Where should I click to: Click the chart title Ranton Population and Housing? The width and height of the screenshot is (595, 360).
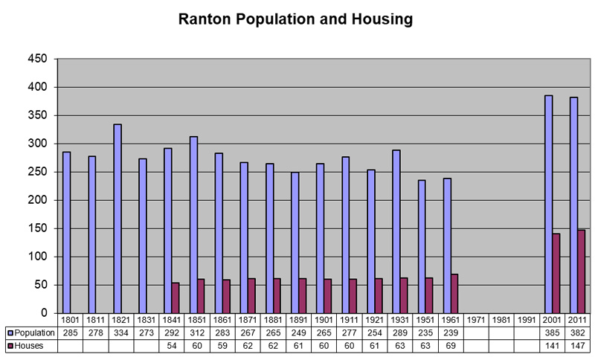click(295, 20)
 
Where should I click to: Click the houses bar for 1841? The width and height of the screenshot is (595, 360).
click(176, 298)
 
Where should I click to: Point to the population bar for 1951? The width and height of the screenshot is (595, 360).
click(422, 246)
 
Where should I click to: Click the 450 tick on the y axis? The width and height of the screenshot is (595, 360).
click(38, 60)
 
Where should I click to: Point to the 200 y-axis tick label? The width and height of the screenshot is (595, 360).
click(38, 200)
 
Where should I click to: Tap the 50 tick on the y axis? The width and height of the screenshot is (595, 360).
click(41, 285)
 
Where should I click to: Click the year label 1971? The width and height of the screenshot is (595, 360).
click(477, 320)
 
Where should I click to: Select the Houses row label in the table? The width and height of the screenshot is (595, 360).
click(29, 346)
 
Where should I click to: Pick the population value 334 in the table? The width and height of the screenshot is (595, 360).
click(121, 333)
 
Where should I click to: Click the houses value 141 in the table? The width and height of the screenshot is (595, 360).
click(553, 346)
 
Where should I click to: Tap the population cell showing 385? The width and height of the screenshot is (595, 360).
click(553, 333)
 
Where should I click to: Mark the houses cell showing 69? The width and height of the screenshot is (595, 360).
click(451, 346)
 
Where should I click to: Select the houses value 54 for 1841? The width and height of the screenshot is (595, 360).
click(172, 346)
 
